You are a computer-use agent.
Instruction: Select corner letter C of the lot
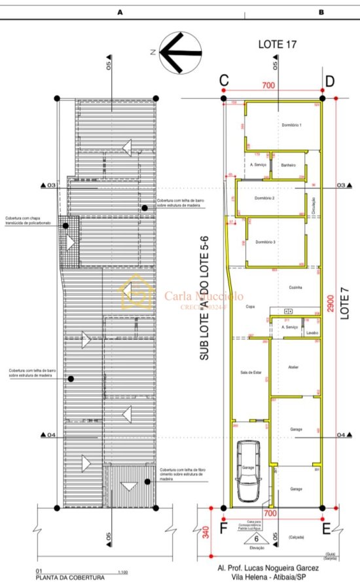point(224,81)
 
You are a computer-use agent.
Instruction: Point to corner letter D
point(330,81)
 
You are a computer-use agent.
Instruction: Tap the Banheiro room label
point(289,165)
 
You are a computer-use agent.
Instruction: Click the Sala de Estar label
point(251,372)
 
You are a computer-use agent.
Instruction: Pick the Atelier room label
point(293,367)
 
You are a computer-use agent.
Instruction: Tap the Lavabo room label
point(312,333)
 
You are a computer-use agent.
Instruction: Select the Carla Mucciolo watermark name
point(204,296)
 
